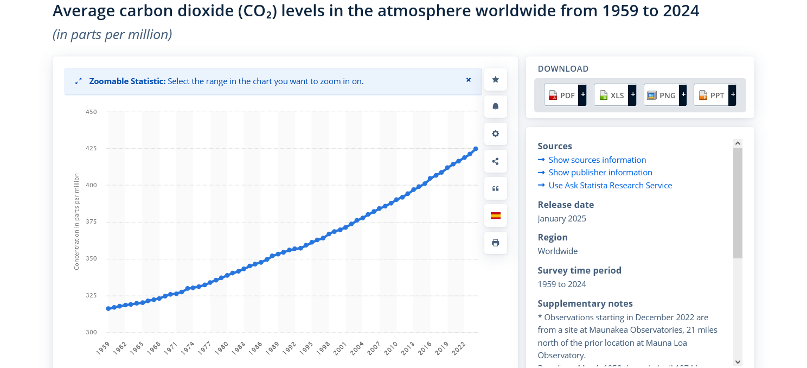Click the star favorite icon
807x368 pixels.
[x=495, y=80]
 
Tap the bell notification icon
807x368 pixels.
[x=495, y=107]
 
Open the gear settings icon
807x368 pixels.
[x=495, y=134]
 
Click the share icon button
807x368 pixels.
[x=495, y=161]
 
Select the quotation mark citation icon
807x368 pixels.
[x=495, y=188]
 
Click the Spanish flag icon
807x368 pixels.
[x=495, y=215]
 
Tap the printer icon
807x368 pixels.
[x=495, y=243]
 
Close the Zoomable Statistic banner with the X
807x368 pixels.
[x=469, y=80]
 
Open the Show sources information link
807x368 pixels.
[x=597, y=160]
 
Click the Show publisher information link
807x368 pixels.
[x=600, y=172]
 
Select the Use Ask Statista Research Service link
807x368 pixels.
[x=610, y=185]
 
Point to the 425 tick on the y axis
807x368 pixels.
[x=91, y=148]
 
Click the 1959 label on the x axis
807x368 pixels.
[x=103, y=348]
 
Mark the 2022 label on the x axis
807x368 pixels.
[x=458, y=348]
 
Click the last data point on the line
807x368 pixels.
[x=476, y=149]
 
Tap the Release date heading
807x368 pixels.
[x=566, y=205]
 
